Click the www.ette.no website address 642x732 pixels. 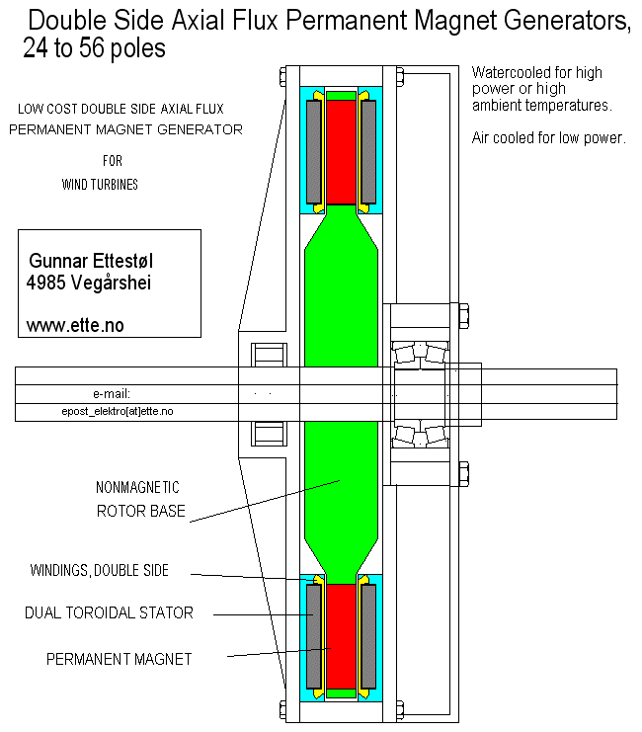(x=75, y=325)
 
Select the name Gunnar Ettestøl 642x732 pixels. (x=91, y=261)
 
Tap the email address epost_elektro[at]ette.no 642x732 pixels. (x=118, y=411)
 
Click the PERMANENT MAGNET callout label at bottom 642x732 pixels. (x=120, y=659)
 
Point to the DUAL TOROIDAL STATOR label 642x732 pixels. (x=109, y=612)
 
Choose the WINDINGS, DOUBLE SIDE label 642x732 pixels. (x=99, y=570)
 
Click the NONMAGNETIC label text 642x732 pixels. (x=137, y=487)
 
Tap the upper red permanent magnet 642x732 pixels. (x=342, y=152)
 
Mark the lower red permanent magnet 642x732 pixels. (x=342, y=636)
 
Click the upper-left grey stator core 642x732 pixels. (x=314, y=152)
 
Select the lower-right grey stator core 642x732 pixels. (x=368, y=636)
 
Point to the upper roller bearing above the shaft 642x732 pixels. (x=420, y=353)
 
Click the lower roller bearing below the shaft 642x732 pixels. (x=420, y=436)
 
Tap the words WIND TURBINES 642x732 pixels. (x=100, y=185)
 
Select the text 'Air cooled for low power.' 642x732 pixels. (x=548, y=137)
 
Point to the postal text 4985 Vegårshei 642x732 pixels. (x=89, y=283)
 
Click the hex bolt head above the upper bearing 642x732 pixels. (x=463, y=316)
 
